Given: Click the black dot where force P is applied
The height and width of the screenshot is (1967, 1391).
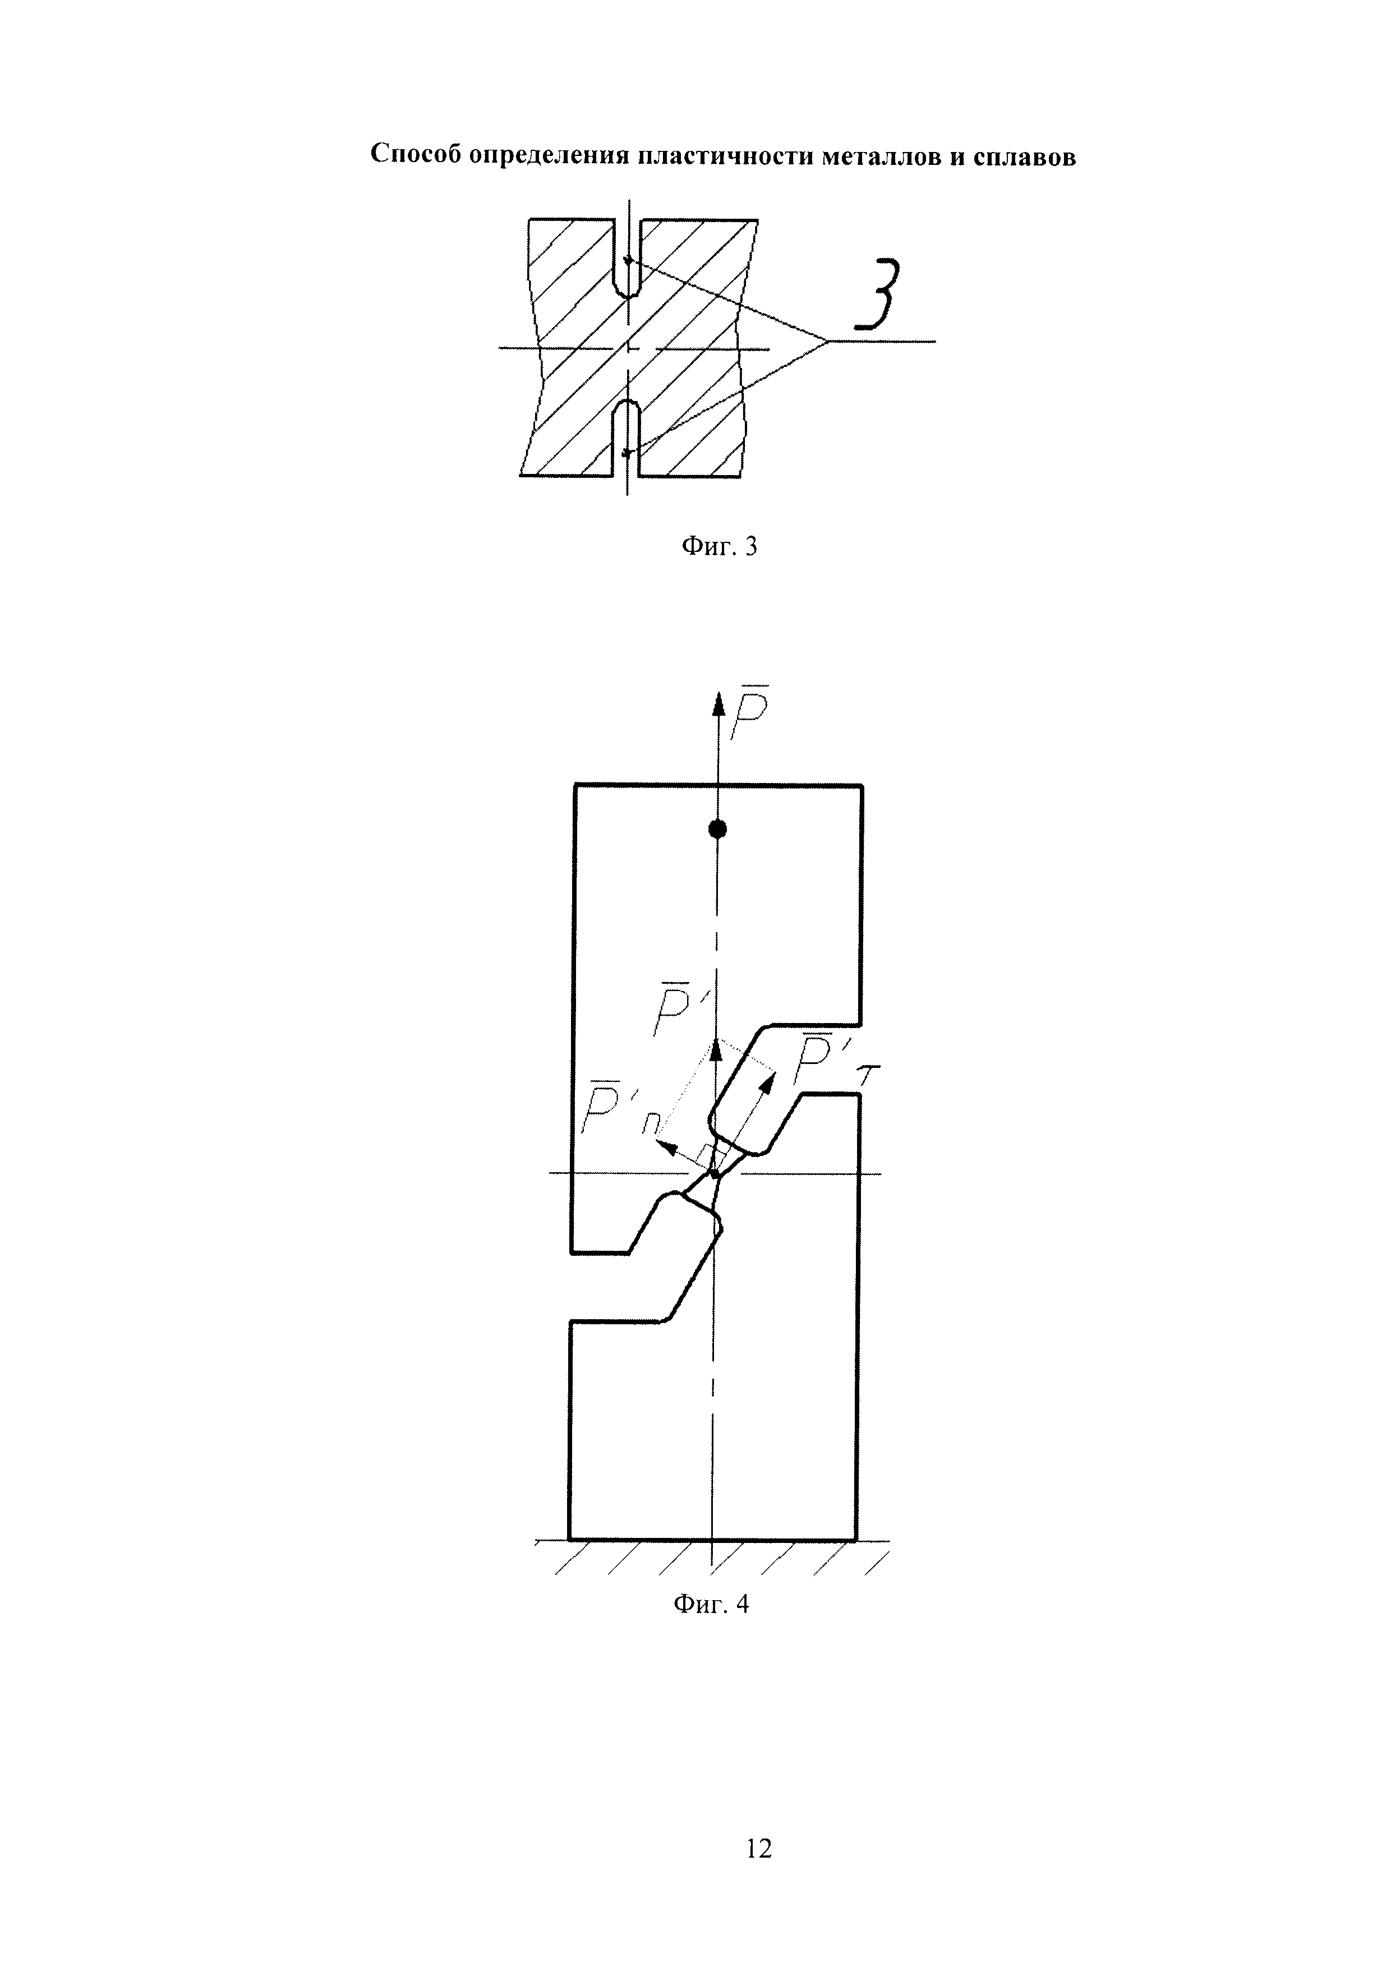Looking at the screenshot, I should coord(718,828).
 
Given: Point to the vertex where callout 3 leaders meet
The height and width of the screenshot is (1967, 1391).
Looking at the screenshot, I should coord(829,342).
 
